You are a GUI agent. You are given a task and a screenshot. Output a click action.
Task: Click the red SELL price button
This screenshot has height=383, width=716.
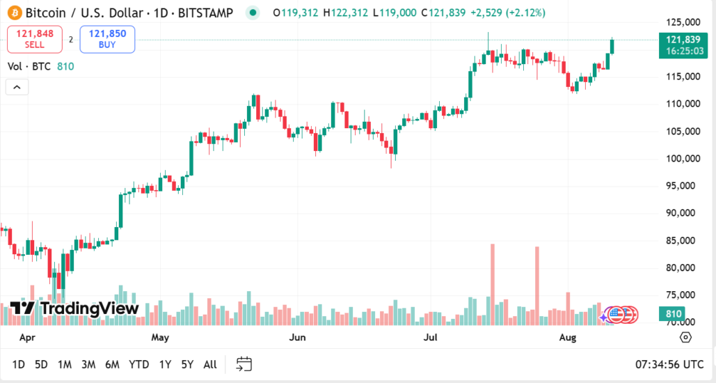pos(35,39)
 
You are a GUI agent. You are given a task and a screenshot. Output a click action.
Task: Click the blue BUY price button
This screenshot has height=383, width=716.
pos(107,39)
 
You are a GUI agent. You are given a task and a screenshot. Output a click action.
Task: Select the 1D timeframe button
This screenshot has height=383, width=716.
pos(19,364)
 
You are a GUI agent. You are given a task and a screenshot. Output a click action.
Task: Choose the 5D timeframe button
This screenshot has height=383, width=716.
pos(42,364)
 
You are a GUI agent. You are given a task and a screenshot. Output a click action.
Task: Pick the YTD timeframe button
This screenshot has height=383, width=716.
pos(138,364)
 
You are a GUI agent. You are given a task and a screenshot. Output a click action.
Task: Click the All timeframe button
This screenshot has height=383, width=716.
pos(209,364)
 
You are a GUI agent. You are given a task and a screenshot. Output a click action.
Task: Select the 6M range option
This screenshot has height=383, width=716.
pos(112,364)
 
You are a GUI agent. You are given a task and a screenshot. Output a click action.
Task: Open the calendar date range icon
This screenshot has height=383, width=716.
pos(244,364)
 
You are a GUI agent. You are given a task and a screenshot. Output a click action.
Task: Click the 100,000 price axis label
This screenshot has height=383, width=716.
pos(681,159)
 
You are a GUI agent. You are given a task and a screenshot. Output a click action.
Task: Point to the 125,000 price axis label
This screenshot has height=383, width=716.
pos(681,22)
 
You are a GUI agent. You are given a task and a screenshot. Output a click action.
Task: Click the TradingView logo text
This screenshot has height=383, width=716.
pos(89,308)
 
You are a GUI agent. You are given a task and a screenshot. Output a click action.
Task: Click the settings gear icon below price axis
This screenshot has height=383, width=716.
pos(685,338)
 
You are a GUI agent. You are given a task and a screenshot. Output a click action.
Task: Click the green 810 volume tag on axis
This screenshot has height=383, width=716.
pos(674,313)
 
